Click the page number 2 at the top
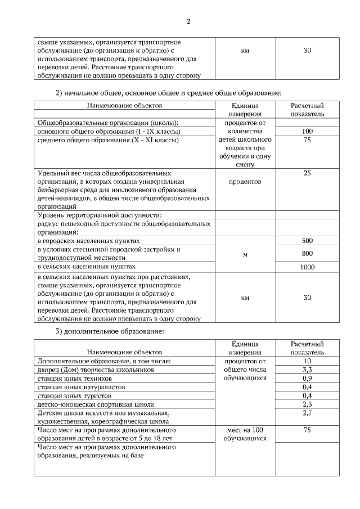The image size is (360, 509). tap(188, 22)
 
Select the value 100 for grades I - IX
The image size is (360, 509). tap(307, 131)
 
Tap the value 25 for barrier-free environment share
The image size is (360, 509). tap(307, 173)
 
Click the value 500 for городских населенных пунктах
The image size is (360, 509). tap(307, 241)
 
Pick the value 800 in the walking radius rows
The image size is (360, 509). tap(307, 253)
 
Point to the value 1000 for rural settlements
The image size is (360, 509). tap(307, 267)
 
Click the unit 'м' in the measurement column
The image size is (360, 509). tap(245, 255)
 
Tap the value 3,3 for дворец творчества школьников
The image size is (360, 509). tap(307, 370)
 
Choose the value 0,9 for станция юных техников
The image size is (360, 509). tap(307, 378)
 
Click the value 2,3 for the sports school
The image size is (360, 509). tap(307, 404)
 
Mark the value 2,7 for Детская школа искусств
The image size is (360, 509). tap(307, 413)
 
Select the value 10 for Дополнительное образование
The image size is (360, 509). tap(307, 361)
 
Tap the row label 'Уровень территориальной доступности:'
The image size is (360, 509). tap(100, 215)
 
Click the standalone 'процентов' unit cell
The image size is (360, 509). tap(245, 182)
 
